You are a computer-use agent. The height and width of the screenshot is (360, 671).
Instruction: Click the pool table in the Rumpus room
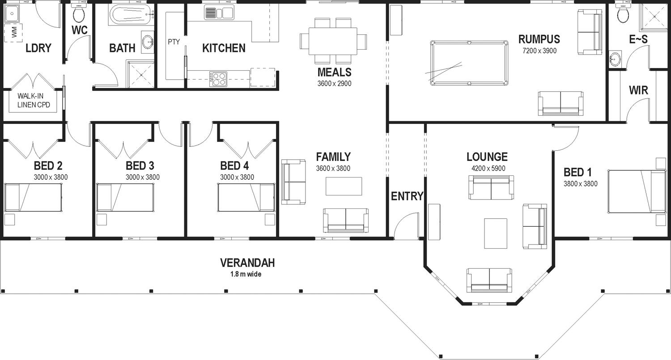point(469,63)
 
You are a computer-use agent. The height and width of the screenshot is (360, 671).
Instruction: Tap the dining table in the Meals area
point(333,41)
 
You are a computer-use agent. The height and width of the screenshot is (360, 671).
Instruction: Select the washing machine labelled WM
point(13,32)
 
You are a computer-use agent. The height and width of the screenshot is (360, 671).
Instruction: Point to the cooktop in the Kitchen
point(218,79)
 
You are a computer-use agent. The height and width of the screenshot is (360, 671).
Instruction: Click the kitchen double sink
point(219,13)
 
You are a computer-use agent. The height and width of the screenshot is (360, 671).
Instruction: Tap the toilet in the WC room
point(79,13)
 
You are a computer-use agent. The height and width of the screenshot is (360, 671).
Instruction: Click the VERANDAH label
point(247,263)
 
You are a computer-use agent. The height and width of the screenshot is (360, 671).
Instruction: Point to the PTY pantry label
point(174,42)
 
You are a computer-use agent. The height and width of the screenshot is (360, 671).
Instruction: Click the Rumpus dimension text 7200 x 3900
point(539,51)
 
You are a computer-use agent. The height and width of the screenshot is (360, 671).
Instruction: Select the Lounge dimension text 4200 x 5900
point(488,168)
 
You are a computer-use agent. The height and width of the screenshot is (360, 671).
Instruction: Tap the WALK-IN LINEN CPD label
point(34,100)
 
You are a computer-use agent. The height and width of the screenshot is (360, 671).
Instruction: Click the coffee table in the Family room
point(344,186)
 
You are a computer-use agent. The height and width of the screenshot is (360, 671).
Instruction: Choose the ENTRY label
point(407,196)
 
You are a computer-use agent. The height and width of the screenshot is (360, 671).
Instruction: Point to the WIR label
point(638,90)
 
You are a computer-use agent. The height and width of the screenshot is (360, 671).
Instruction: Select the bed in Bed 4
point(246,197)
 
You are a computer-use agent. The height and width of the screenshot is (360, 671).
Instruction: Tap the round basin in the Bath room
point(148,42)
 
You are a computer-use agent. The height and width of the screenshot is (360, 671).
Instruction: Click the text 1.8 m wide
point(246,274)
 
